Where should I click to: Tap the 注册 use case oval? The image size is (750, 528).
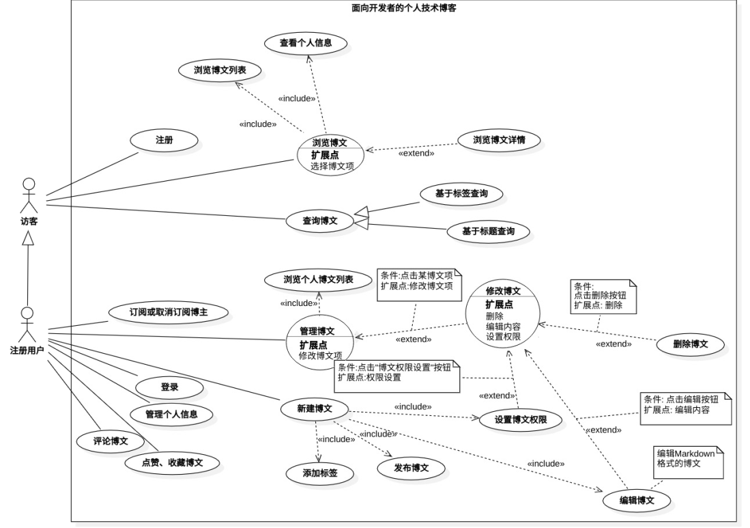(x=164, y=139)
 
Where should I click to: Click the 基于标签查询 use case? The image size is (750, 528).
(x=461, y=194)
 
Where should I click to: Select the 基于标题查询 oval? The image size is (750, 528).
(x=488, y=232)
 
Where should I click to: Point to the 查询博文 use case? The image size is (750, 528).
(x=320, y=221)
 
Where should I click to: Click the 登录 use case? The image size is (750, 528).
(x=169, y=387)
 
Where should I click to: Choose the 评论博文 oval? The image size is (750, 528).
(x=111, y=441)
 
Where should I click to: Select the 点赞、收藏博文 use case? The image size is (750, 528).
(x=172, y=462)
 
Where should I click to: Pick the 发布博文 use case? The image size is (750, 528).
(x=411, y=468)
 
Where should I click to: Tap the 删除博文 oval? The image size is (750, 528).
(x=691, y=344)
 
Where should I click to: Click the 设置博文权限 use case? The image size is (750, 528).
(x=520, y=419)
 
